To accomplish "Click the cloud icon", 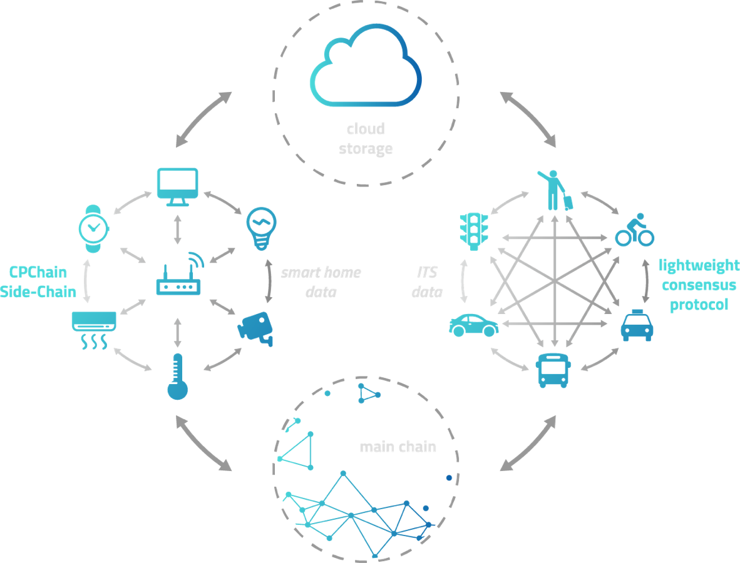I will (x=366, y=66).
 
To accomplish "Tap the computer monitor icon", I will (x=177, y=186).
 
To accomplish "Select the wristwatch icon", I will (x=94, y=228).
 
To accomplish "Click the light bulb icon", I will (x=261, y=228).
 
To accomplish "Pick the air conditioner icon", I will (x=94, y=329).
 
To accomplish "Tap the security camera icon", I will (x=256, y=328).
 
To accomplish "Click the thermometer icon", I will (x=177, y=376).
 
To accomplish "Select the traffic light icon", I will (x=474, y=230).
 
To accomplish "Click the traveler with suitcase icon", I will (x=555, y=190).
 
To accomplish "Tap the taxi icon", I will (x=637, y=325).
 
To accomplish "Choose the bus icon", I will (x=553, y=370).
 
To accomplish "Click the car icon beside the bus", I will (x=474, y=325).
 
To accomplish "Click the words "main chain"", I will (x=398, y=447).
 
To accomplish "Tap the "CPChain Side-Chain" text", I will (x=39, y=282).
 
